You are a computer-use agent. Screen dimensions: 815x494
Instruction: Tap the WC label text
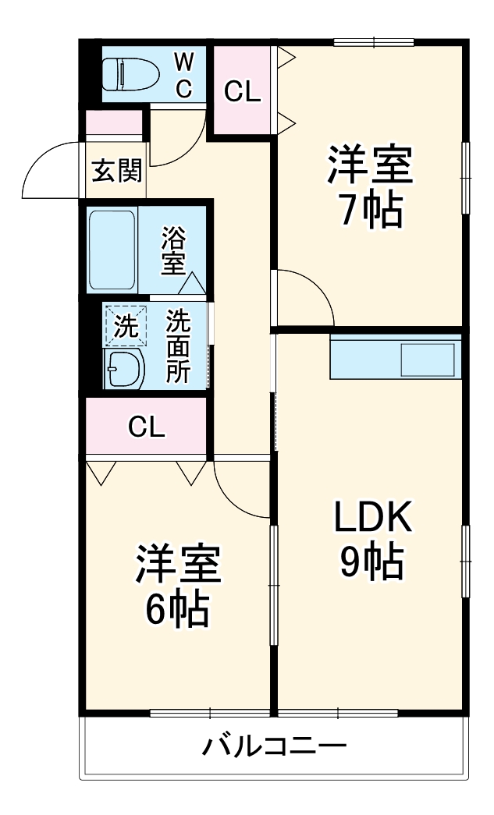pos(183,75)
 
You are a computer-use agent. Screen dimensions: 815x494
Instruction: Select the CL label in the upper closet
pos(242,92)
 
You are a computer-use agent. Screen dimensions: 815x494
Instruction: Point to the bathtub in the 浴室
pos(112,250)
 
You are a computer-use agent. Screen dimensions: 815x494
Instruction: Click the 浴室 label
pos(173,250)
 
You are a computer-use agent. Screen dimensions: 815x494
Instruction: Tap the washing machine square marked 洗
pos(125,324)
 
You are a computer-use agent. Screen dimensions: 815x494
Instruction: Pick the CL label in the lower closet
pos(147,427)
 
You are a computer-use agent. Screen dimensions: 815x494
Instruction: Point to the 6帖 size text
pos(178,610)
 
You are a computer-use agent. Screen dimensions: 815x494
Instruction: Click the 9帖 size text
pos(371,562)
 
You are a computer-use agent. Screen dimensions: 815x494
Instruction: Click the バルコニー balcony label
pos(274,747)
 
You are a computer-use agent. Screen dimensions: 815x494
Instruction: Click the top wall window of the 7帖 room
pos(373,41)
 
